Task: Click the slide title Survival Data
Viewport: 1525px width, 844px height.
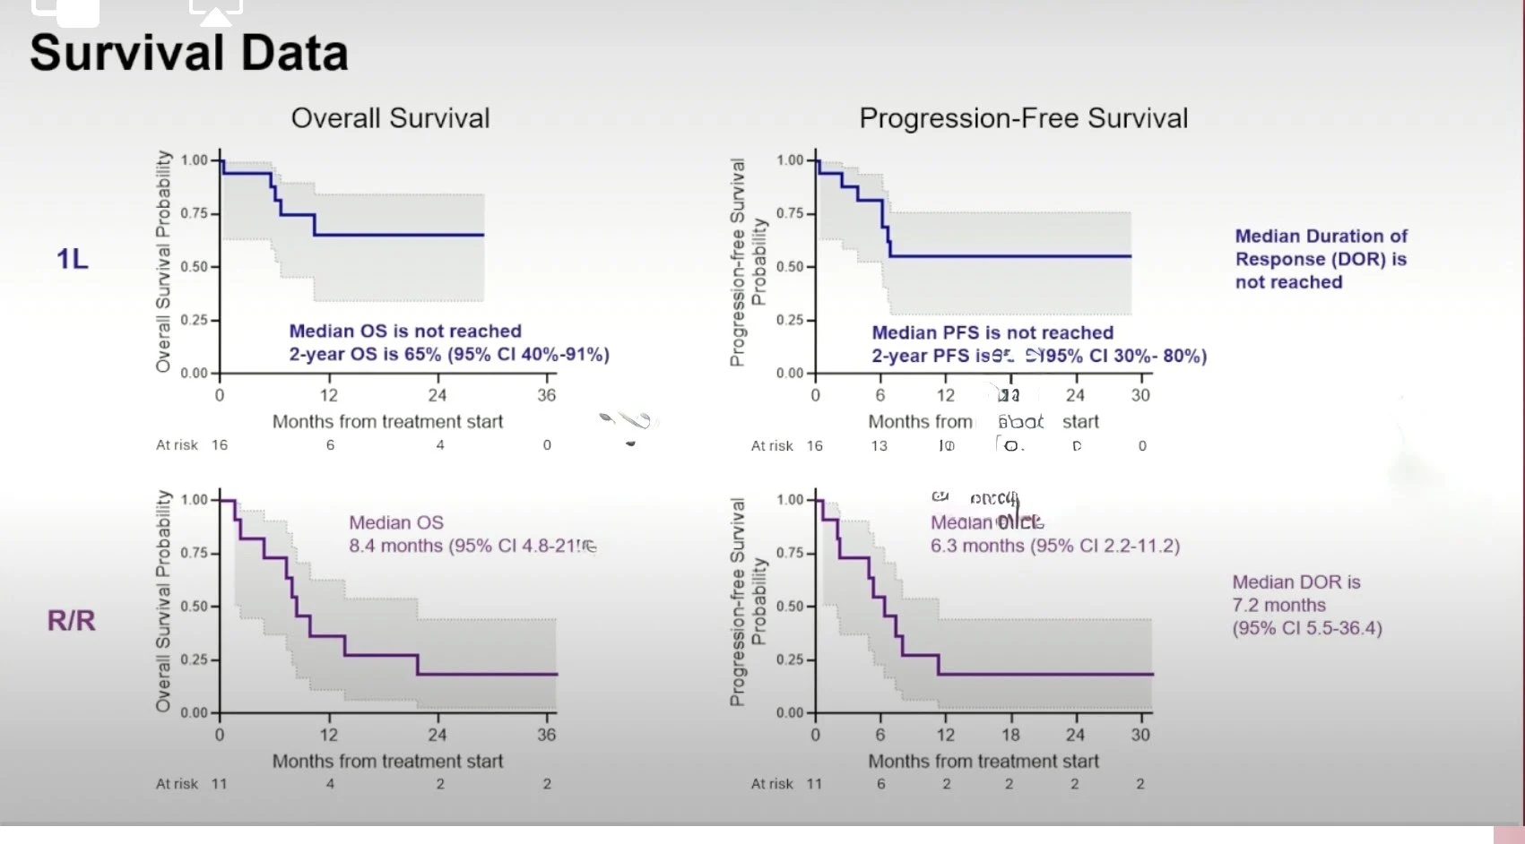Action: point(188,53)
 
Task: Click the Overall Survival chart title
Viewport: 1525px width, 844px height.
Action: point(390,118)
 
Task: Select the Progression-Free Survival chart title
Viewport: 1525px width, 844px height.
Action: point(1023,118)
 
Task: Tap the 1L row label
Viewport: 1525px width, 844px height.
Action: point(73,259)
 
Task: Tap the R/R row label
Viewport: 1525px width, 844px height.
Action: point(71,620)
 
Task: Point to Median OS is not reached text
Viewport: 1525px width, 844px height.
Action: point(404,332)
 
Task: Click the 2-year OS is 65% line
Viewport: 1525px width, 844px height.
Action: point(448,355)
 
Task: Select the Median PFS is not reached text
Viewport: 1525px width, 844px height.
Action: point(992,333)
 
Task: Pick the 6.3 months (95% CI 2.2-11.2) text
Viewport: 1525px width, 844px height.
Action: point(1054,546)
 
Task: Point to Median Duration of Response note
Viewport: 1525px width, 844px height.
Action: point(1321,259)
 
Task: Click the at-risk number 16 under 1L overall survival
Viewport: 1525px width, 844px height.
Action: point(220,445)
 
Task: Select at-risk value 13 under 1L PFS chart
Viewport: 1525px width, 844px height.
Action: point(879,446)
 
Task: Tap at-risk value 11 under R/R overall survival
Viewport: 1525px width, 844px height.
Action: point(220,784)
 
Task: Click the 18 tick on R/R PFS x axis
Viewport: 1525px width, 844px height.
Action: point(1010,735)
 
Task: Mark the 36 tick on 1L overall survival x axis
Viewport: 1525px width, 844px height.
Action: point(546,395)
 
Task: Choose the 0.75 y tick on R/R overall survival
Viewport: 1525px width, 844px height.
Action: point(195,553)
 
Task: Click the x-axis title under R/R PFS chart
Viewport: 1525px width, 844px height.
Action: point(983,762)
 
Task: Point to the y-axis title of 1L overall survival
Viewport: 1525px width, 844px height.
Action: point(163,262)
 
